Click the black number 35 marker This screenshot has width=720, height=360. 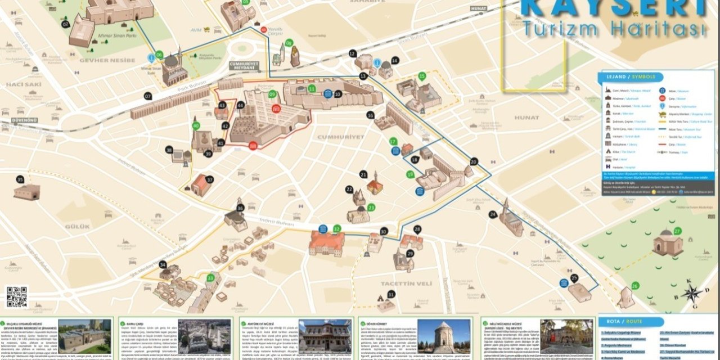pos(20,179)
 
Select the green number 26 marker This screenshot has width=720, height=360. pos(635,286)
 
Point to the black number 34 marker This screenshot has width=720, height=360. pos(163,264)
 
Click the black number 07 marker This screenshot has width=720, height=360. pos(148,96)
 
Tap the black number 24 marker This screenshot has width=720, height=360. pos(493,214)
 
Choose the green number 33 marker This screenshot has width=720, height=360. pos(210,277)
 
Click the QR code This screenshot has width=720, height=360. pos(17,296)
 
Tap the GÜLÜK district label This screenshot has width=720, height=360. pos(77,226)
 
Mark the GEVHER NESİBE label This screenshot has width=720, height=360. pos(107,60)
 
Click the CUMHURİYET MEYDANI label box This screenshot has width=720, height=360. pos(244,66)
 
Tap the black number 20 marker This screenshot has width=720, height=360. pos(474,161)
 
